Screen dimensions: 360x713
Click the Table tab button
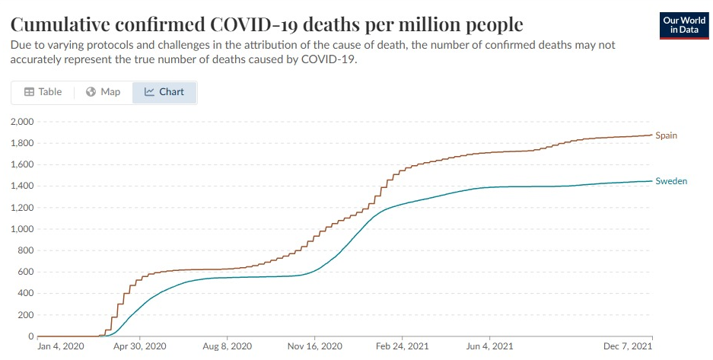[x=43, y=92]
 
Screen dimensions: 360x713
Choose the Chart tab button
[x=164, y=92]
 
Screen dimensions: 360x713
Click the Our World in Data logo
[x=681, y=26]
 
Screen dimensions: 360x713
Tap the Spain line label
[x=666, y=135]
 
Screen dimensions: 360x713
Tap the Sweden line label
[x=671, y=181]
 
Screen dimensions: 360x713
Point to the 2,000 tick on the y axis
[x=21, y=122]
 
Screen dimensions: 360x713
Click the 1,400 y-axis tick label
[x=21, y=186]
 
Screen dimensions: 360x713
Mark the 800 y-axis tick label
[x=26, y=250]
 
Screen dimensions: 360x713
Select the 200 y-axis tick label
[x=26, y=314]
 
